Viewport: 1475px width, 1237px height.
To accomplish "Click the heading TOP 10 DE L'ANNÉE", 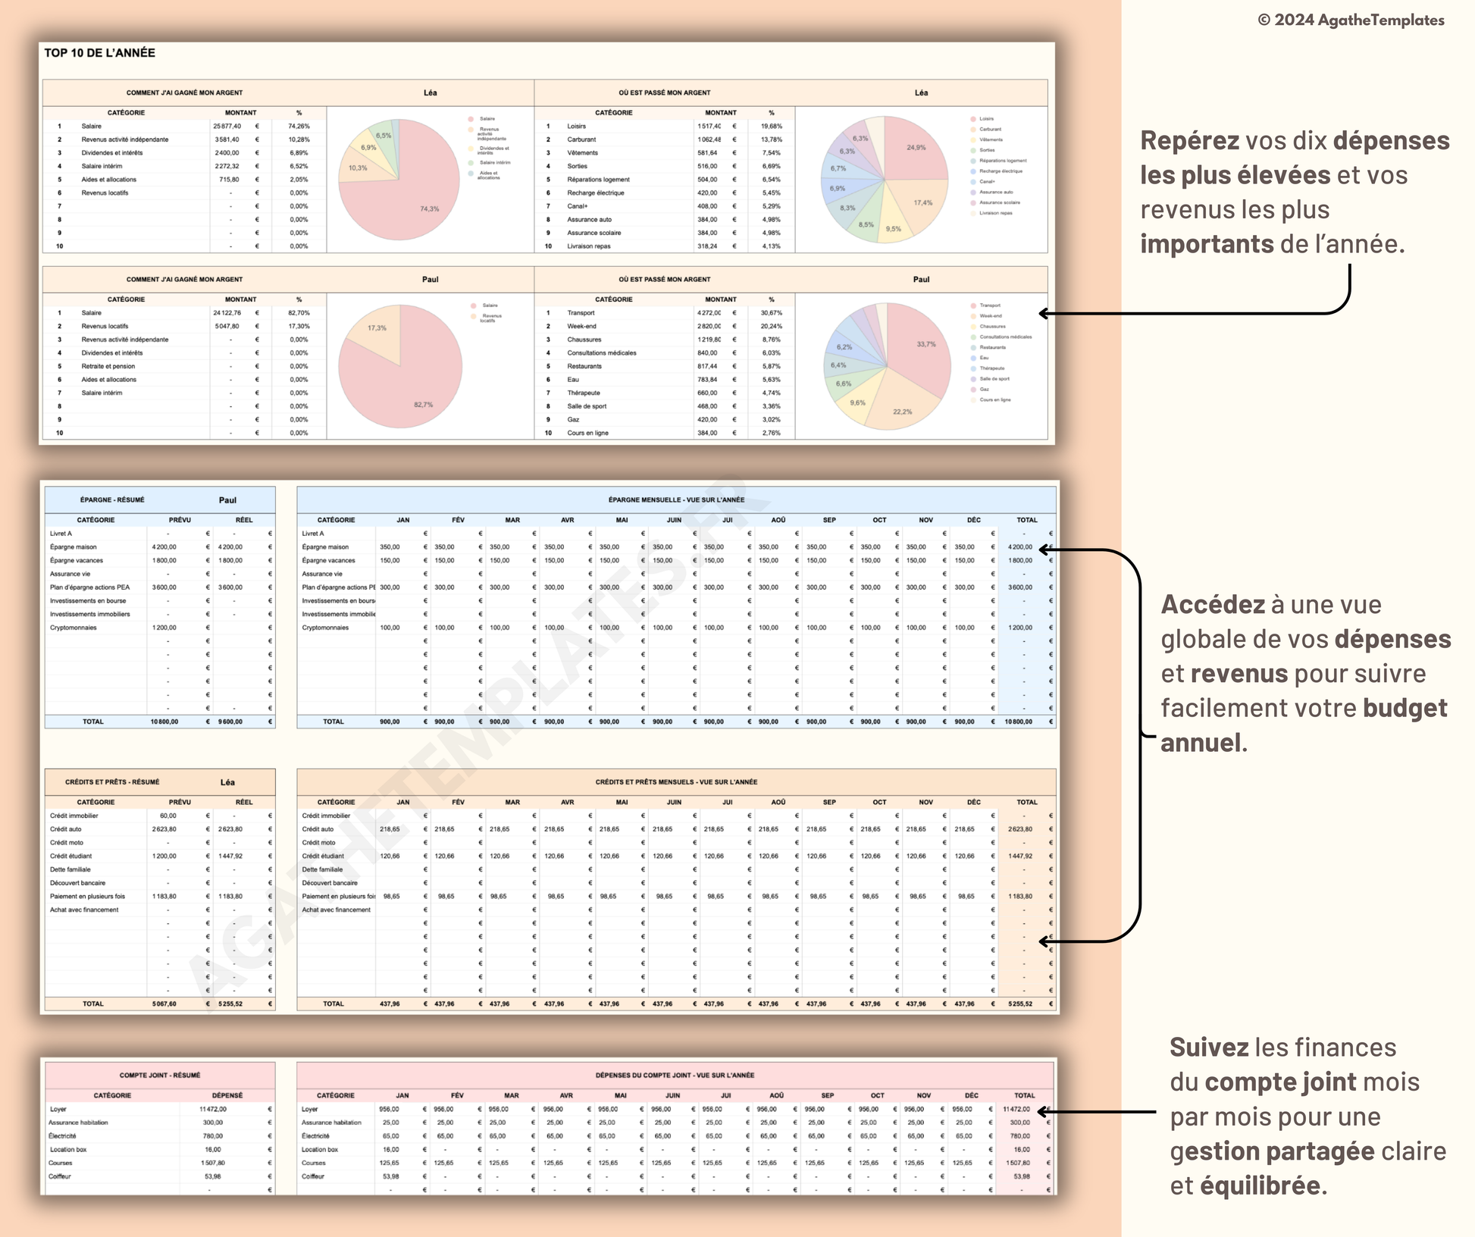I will (99, 53).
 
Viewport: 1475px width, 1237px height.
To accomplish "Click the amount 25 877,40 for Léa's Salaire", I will (227, 127).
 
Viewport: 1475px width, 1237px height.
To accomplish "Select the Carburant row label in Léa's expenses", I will (581, 139).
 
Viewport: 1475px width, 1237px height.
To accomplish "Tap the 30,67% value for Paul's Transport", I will (771, 313).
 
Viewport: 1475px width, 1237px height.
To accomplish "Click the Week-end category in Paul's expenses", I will (581, 327).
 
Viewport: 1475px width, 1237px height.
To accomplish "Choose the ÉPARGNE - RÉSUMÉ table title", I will (112, 500).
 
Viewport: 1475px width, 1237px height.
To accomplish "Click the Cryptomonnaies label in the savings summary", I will (74, 628).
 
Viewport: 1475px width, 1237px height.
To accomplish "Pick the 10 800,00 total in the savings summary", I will (164, 722).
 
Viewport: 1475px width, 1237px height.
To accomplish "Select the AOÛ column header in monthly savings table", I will (778, 520).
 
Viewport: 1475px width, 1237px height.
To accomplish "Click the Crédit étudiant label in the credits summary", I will (71, 856).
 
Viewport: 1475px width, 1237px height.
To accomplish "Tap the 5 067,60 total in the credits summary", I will (164, 1004).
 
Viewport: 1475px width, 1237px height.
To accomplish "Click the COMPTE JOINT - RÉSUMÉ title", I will (160, 1075).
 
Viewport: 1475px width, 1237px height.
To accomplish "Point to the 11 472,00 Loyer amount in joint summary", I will (213, 1109).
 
